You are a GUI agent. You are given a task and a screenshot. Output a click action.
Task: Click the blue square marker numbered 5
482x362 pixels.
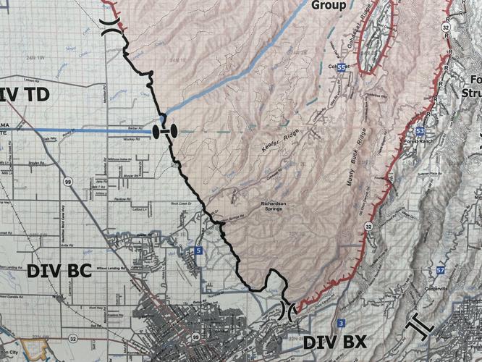pos(199,251)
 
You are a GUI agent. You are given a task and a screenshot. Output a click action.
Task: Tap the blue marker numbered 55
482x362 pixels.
pos(339,67)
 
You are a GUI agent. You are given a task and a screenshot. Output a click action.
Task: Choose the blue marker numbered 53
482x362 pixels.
pos(420,131)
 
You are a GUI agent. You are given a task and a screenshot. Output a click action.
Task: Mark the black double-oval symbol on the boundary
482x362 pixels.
pos(166,131)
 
